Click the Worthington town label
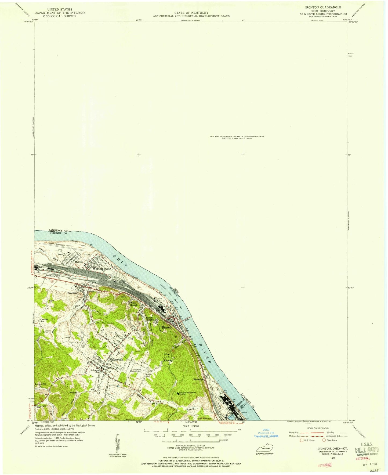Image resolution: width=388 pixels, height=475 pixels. [x=101, y=269]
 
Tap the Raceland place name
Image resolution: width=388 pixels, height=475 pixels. [x=72, y=293]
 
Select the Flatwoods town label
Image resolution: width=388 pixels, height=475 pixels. [x=116, y=359]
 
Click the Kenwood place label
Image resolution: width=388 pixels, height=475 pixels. [x=169, y=360]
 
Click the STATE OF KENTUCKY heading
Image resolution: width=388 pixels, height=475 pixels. [x=191, y=13]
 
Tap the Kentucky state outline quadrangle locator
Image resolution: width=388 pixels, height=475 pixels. [x=264, y=449]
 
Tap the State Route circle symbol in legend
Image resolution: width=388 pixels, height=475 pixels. [x=324, y=440]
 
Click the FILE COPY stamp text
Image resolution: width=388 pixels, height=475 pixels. [x=367, y=450]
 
